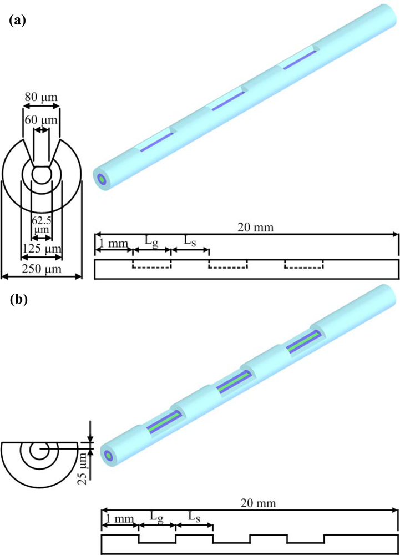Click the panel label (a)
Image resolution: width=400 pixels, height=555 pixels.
pos(16,21)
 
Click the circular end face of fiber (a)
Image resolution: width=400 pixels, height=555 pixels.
pos(102,179)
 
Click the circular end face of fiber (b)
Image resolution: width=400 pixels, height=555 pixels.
pos(108,456)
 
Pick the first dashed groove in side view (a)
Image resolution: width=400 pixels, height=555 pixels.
pos(151,264)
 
